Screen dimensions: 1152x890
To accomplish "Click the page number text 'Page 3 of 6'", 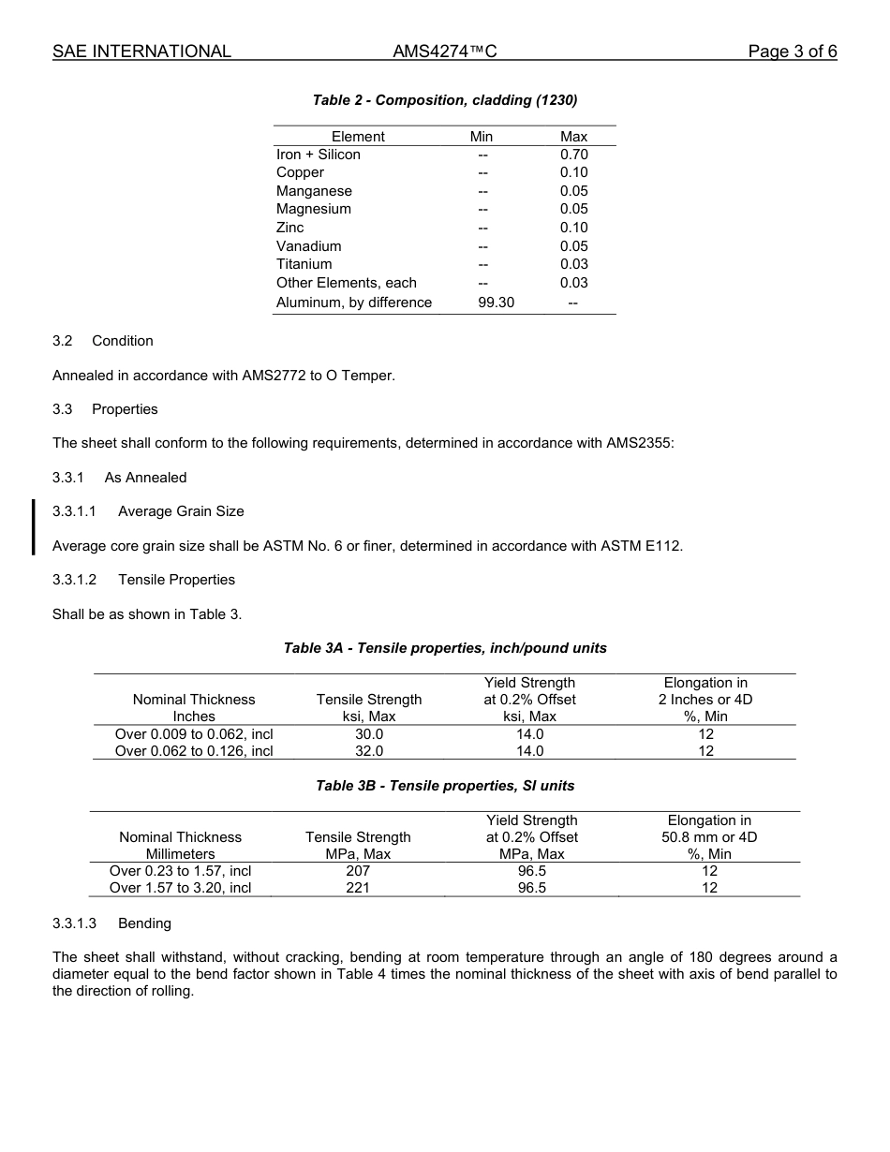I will click(792, 52).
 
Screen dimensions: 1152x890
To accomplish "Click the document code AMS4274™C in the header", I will click(445, 52).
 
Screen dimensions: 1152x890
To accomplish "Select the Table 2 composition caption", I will click(445, 100).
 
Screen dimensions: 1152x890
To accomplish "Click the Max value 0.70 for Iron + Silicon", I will click(573, 155).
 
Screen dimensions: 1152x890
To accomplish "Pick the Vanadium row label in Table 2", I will click(308, 246).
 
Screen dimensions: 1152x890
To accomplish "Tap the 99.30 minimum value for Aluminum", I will click(496, 303).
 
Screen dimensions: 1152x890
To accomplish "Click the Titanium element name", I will click(304, 264).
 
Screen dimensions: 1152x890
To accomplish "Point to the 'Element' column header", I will click(358, 137).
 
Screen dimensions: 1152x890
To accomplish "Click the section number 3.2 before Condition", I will click(63, 341).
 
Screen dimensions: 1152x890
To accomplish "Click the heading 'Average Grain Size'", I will click(181, 511).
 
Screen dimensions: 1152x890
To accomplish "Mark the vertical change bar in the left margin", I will click(34, 527).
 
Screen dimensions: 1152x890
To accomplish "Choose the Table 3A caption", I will click(445, 648).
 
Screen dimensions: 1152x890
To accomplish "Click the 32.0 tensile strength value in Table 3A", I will click(369, 751).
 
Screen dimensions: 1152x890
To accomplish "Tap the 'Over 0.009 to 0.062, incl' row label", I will click(194, 734).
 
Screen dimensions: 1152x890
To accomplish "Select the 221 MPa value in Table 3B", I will click(358, 888).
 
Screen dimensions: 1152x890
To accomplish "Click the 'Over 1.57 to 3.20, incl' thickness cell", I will click(180, 888).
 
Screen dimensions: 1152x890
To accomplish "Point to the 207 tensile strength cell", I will click(358, 871).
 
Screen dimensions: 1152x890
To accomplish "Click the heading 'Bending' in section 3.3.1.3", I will click(144, 923).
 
